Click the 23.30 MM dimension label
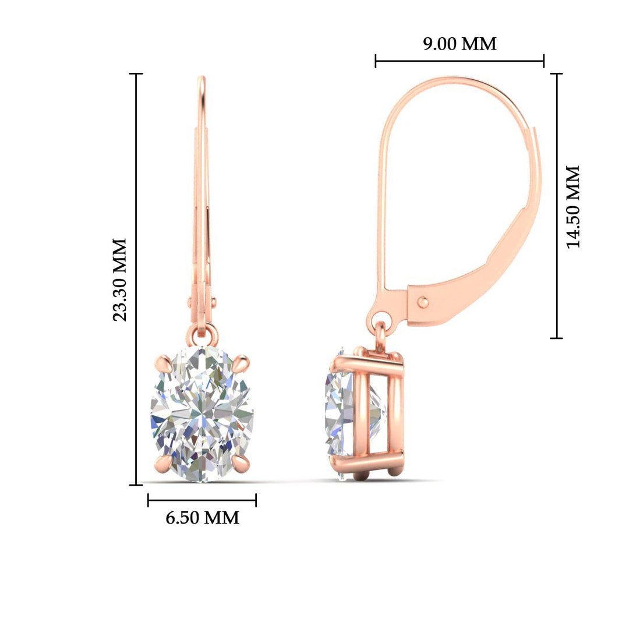tap(120, 280)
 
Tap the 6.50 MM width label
tap(202, 517)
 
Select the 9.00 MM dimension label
tap(460, 44)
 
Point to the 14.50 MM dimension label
tap(574, 206)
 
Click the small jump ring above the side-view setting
tap(380, 337)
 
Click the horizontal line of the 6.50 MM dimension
tap(202, 500)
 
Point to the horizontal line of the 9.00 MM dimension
tap(460, 61)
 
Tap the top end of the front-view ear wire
tap(202, 79)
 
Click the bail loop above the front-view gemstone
tap(202, 334)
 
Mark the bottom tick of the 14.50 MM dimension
tap(557, 338)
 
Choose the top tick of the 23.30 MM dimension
tap(136, 74)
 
